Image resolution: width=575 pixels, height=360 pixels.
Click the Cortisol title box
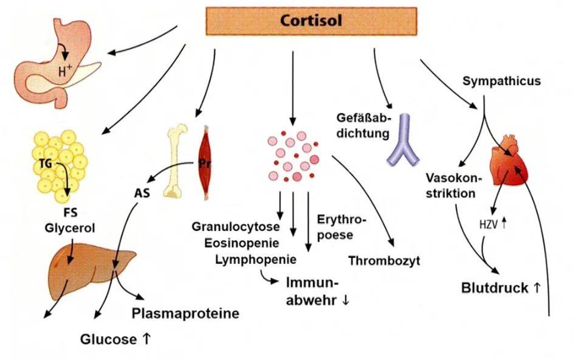tap(311, 21)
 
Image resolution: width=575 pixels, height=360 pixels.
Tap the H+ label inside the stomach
tap(65, 70)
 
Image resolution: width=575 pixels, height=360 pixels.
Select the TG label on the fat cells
tap(46, 163)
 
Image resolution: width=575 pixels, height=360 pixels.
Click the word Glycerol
tap(70, 228)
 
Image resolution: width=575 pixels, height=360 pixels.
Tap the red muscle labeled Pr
tap(205, 164)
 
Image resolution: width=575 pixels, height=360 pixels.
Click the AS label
tap(142, 193)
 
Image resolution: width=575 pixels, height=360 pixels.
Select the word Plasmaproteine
tap(185, 313)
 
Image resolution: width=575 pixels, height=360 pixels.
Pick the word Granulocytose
tap(235, 226)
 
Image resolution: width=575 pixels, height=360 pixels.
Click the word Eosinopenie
tap(242, 243)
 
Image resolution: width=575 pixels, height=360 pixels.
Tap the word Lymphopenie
tap(256, 260)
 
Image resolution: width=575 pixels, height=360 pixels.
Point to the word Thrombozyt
tap(384, 261)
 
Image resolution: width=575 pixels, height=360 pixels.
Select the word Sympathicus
tap(501, 81)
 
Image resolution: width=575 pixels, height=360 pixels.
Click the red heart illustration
tap(509, 160)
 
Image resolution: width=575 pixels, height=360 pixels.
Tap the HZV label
tap(489, 224)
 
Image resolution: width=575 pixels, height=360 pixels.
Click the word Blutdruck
tap(494, 288)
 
